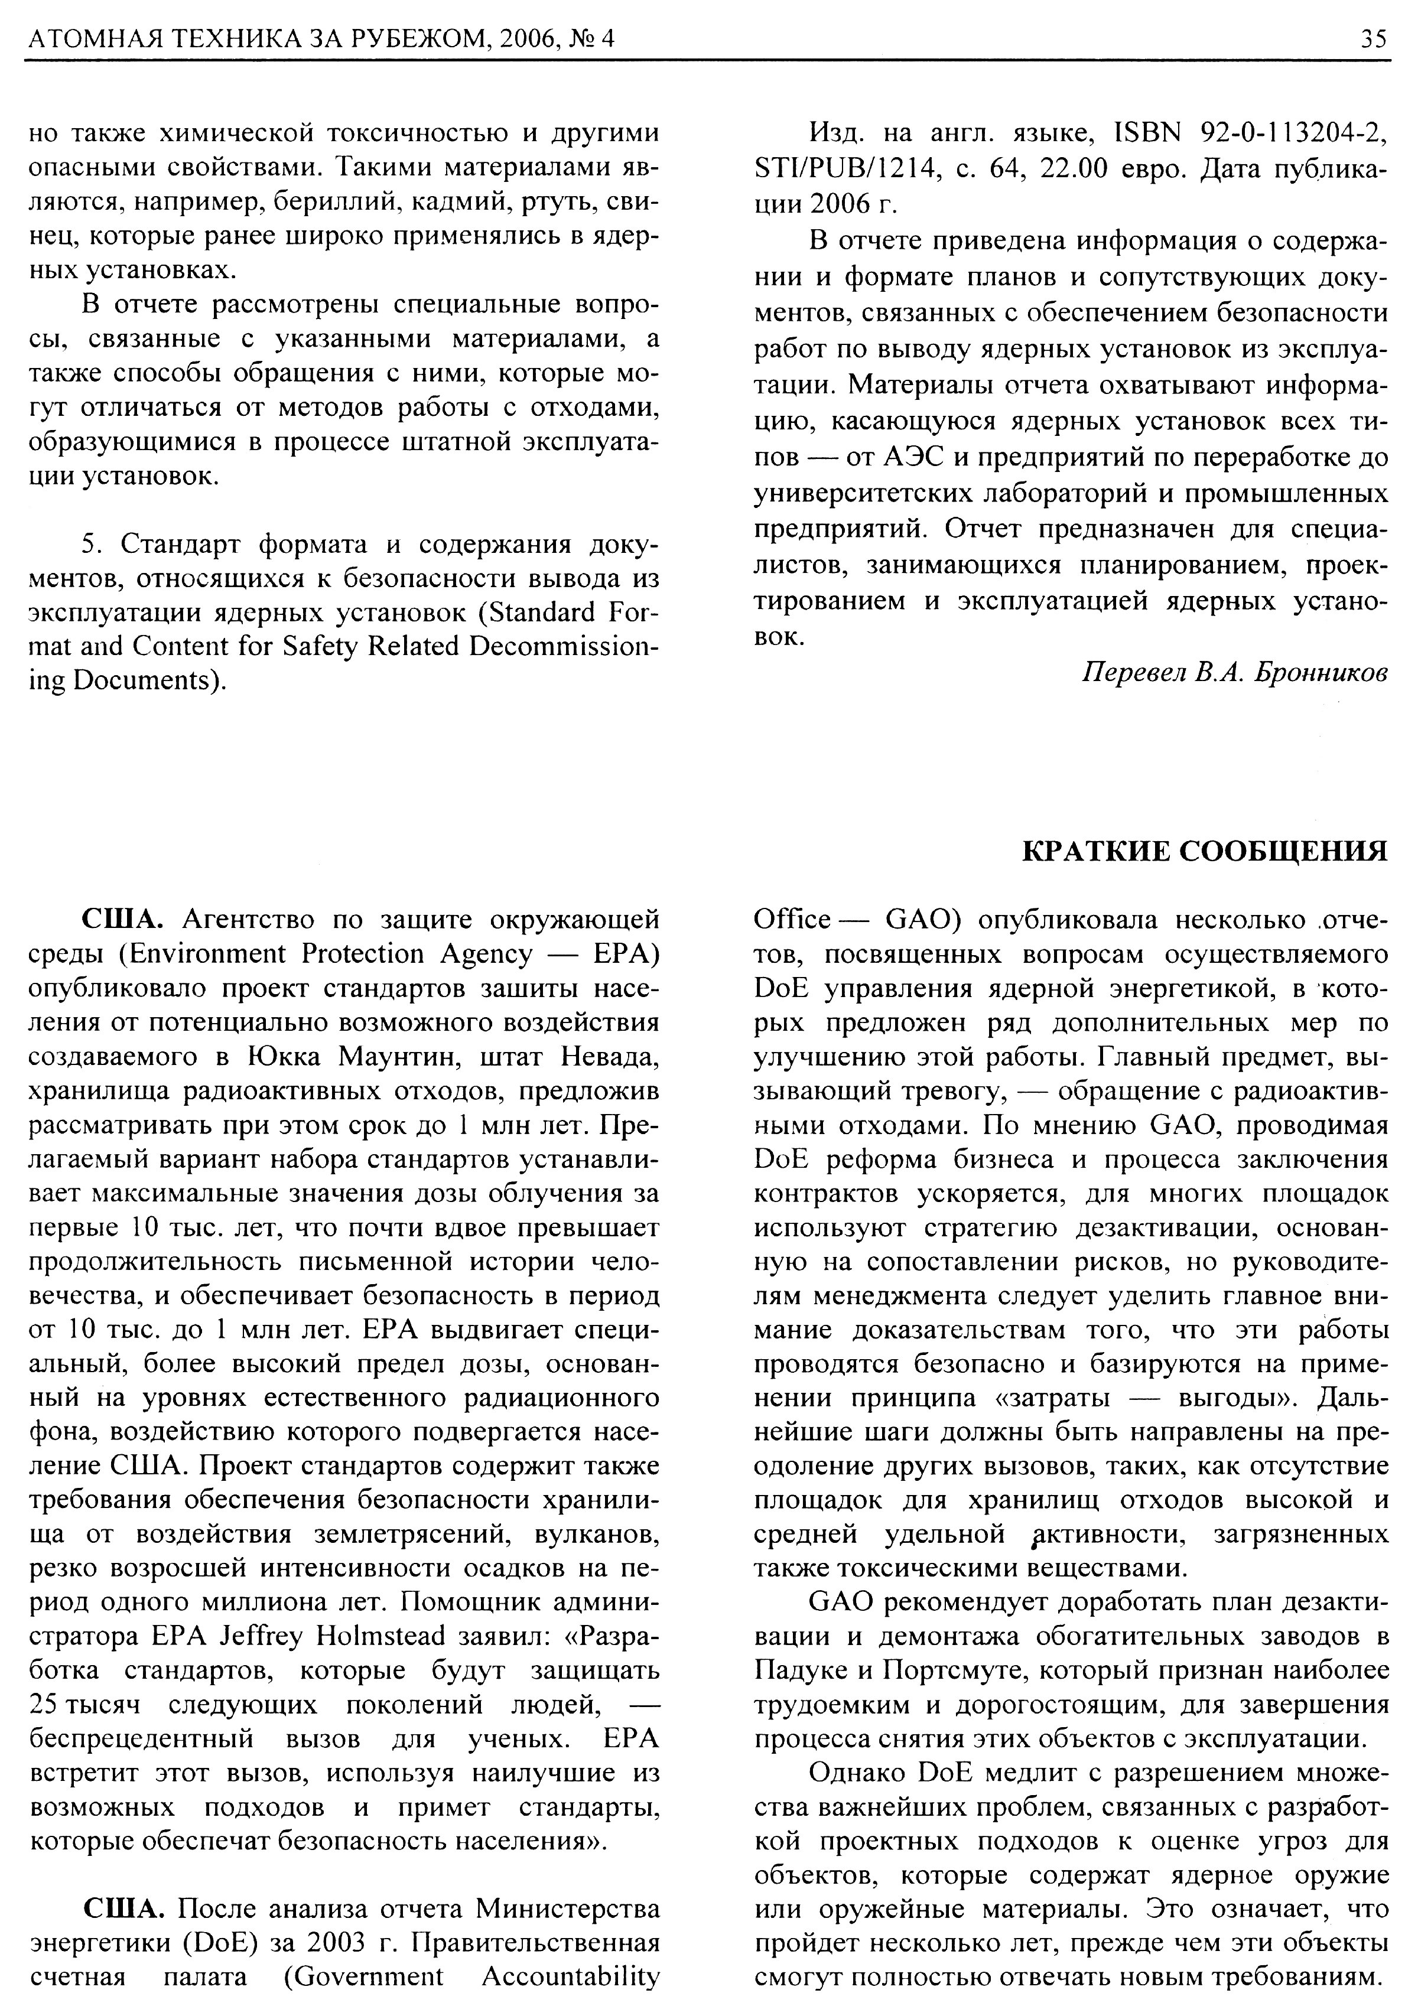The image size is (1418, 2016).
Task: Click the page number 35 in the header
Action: click(1374, 38)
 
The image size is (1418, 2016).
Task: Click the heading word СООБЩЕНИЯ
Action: click(1283, 851)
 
